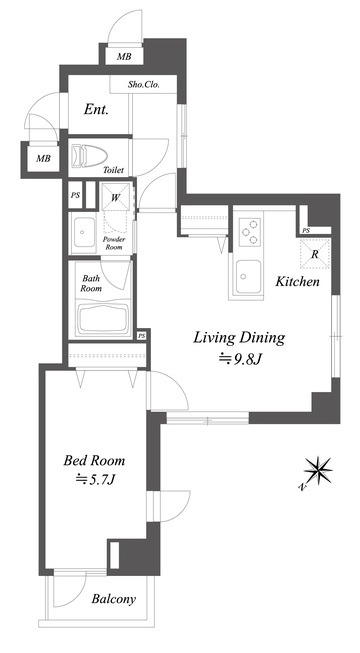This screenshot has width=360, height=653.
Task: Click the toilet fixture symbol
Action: [88, 155]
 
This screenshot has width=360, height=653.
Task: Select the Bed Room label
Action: [94, 460]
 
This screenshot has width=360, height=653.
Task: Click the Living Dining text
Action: [239, 338]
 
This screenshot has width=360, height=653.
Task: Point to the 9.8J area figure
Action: [240, 359]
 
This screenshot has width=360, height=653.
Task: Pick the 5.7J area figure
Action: [95, 480]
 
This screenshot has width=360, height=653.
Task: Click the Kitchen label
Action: [298, 282]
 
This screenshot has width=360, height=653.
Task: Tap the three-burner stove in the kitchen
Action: [250, 232]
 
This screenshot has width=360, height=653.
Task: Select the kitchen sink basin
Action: [248, 277]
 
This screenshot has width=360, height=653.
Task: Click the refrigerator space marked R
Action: [315, 254]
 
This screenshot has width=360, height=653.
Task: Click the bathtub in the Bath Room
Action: [102, 318]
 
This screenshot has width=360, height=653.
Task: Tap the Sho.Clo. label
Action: [144, 86]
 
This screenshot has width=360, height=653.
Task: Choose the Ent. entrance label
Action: [96, 110]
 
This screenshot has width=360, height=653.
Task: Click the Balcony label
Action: [114, 599]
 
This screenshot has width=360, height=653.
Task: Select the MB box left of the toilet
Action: [42, 158]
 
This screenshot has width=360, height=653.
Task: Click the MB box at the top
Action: [124, 56]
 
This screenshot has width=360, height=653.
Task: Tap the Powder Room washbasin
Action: [82, 233]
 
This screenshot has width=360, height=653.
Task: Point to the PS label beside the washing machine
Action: [75, 195]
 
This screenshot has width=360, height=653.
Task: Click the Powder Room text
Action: [114, 243]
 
